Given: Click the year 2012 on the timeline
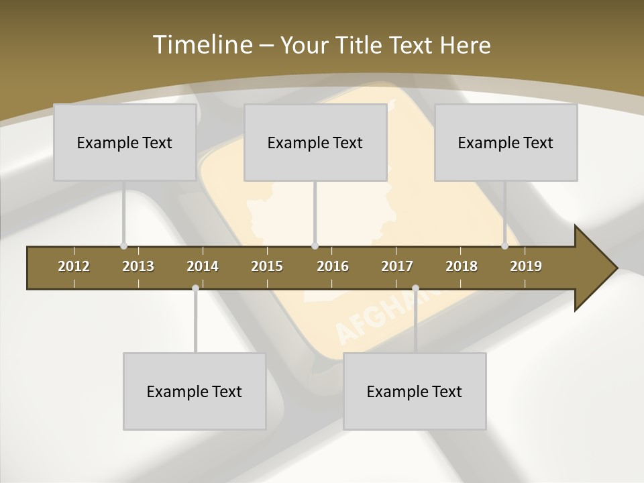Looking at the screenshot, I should [74, 266].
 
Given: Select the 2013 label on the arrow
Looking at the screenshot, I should [138, 266].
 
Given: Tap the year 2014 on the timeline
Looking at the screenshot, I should [203, 266].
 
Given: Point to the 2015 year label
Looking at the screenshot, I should [267, 266].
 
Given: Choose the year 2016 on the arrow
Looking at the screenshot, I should [333, 266].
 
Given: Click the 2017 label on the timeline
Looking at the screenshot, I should [397, 266].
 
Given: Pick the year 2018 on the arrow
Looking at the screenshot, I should [462, 266].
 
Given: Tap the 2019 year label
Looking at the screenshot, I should [526, 266].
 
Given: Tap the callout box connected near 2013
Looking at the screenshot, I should [124, 142].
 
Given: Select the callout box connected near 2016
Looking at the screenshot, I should [315, 142].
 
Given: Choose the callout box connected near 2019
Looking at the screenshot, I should [505, 142].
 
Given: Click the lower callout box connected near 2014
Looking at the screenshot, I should [194, 391].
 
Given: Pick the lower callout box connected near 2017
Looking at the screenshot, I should [414, 391].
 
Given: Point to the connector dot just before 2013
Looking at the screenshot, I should [124, 246].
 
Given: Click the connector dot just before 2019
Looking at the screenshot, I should [505, 246].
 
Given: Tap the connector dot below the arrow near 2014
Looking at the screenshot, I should [195, 288].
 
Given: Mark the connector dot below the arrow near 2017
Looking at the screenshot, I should [415, 288].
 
